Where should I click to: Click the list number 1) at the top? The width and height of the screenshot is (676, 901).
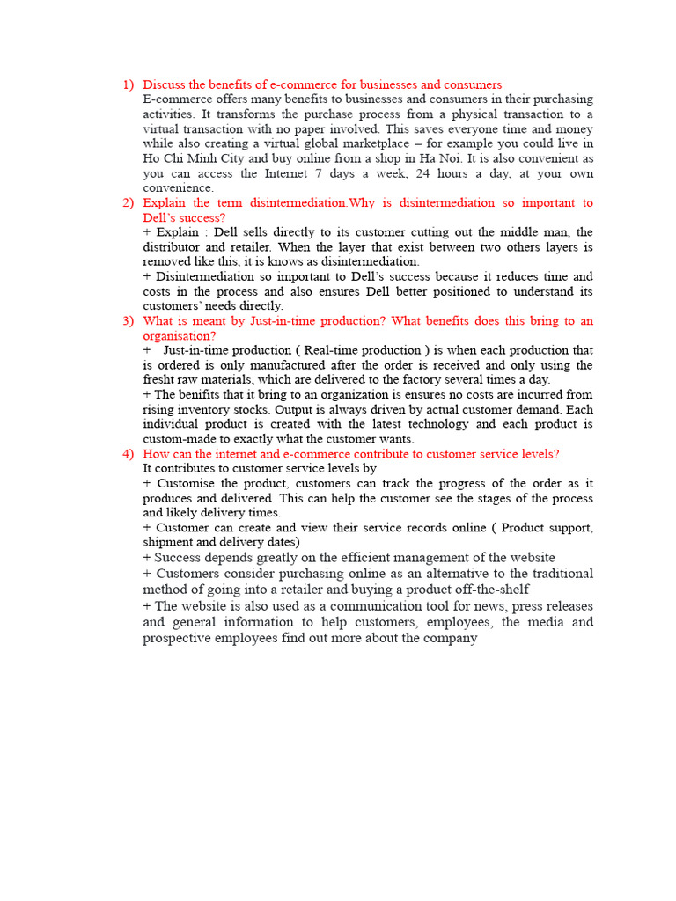(x=128, y=84)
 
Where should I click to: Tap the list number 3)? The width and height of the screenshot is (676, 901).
(x=128, y=321)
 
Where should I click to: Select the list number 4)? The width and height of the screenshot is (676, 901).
(x=128, y=454)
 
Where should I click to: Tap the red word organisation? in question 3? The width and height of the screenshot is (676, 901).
(x=180, y=336)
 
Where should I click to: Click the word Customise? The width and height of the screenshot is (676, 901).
(x=184, y=484)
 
